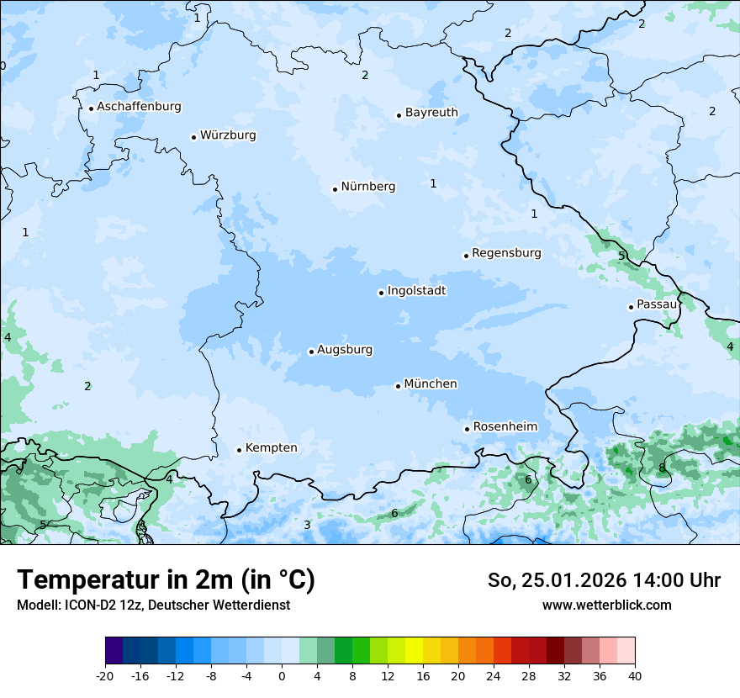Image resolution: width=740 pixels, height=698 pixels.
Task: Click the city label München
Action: [x=431, y=384]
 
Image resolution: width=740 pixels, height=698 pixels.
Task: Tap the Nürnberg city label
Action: [x=367, y=187]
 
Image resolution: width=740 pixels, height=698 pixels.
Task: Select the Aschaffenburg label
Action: [x=139, y=107]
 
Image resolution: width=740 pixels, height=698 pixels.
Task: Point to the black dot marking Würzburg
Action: [x=193, y=137]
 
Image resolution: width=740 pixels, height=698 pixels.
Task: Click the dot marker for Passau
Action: [x=631, y=307]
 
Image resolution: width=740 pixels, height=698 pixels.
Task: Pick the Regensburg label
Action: [x=506, y=253]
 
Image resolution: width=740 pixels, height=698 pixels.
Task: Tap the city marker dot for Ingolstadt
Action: [x=381, y=293]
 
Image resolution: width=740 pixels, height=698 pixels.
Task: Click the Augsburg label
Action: [x=345, y=350]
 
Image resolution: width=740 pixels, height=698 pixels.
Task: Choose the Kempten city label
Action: [x=271, y=448]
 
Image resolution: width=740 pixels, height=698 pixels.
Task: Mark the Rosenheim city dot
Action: [x=467, y=429]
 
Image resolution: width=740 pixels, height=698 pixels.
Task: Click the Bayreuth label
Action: [x=431, y=113]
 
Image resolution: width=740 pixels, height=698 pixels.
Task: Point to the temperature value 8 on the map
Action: [x=662, y=468]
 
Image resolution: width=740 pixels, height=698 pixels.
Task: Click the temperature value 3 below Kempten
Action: [x=307, y=526]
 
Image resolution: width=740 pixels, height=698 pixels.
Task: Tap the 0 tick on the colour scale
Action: [x=282, y=676]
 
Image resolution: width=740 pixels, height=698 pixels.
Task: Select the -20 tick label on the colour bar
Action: [x=105, y=676]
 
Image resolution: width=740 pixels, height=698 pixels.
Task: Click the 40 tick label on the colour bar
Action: [x=634, y=676]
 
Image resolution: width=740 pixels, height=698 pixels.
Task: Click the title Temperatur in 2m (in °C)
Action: [x=166, y=580]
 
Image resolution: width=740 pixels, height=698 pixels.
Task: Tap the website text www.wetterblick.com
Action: [x=606, y=605]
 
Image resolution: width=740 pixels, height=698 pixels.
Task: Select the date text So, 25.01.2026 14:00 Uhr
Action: [x=604, y=580]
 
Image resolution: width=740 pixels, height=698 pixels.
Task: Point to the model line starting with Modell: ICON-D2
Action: [x=153, y=605]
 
